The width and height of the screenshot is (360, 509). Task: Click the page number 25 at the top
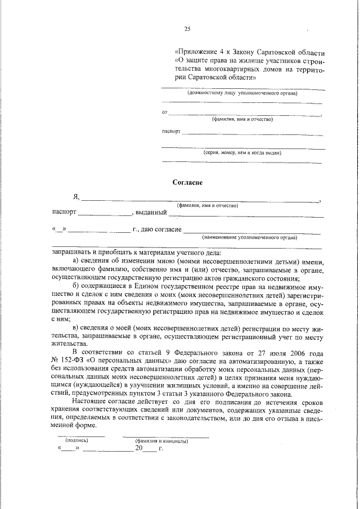(x=187, y=29)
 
